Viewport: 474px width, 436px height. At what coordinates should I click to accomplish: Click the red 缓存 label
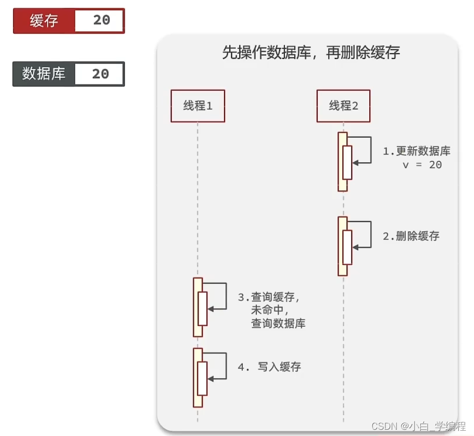point(44,21)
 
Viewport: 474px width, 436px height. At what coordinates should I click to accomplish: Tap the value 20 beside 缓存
point(102,20)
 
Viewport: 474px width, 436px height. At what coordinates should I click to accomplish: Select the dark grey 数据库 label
point(44,74)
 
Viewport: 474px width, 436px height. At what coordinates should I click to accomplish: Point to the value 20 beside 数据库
point(101,74)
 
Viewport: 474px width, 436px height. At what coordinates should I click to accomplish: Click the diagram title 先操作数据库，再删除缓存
point(311,52)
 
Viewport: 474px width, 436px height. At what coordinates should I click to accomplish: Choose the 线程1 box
point(198,106)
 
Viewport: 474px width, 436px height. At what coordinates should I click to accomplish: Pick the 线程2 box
point(343,106)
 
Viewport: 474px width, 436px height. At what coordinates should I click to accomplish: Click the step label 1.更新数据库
point(417,151)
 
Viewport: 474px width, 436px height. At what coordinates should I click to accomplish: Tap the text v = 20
point(422,165)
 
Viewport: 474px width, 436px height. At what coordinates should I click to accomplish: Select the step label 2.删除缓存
point(411,236)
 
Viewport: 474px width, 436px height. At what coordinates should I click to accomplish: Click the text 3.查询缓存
point(268,297)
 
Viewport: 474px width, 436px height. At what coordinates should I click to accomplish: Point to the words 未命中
point(269,310)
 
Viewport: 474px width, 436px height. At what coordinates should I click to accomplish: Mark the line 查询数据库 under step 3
point(278,323)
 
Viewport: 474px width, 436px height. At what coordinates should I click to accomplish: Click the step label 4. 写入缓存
point(269,367)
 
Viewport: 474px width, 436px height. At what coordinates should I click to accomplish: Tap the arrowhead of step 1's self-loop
point(355,163)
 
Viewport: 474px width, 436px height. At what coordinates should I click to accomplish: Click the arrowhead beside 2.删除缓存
point(355,247)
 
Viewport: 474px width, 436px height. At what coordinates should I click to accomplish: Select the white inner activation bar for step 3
point(203,309)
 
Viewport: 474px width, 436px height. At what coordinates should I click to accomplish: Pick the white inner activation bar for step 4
point(202,379)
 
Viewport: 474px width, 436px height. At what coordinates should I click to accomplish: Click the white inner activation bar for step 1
point(347,163)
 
